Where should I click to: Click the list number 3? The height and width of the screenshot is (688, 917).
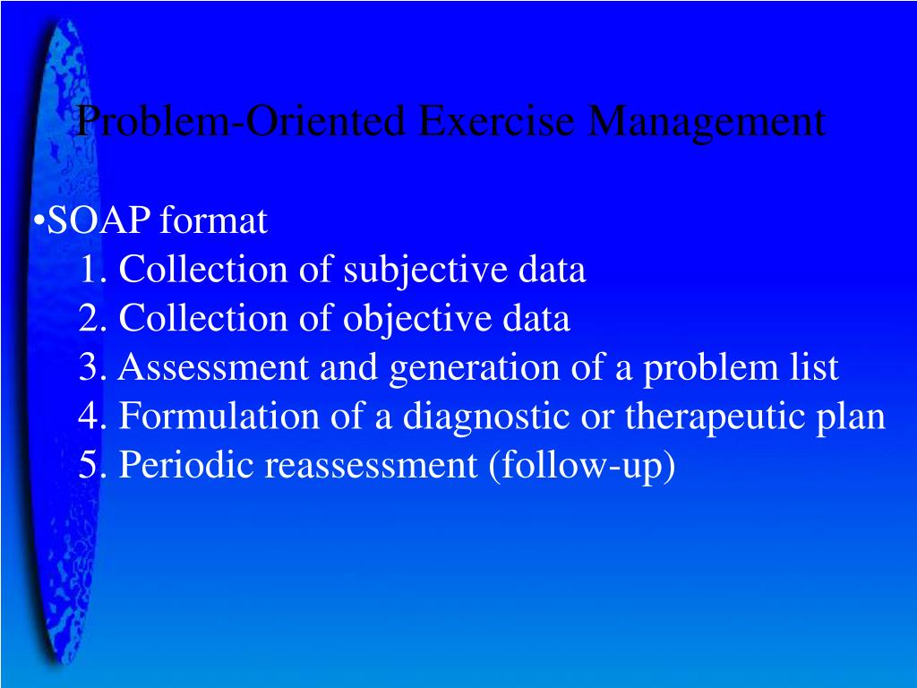(x=87, y=367)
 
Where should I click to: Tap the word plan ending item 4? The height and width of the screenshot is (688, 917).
(x=854, y=417)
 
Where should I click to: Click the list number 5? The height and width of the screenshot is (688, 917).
(x=87, y=466)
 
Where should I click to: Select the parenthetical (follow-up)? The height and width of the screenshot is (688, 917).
(x=582, y=466)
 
